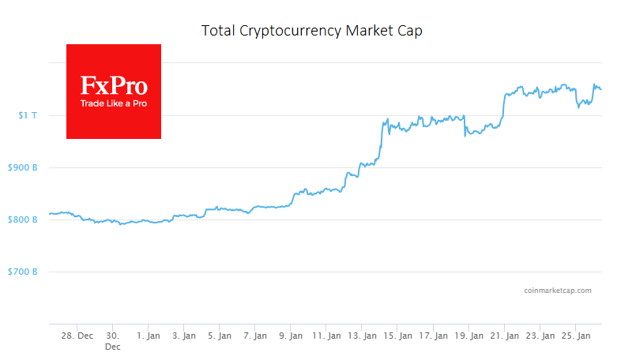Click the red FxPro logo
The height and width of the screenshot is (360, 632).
click(114, 91)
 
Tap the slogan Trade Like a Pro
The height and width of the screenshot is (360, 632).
click(114, 103)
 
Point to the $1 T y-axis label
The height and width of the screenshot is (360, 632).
click(27, 115)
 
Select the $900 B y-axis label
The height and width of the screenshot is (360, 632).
click(21, 167)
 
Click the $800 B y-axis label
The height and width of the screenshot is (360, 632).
click(21, 219)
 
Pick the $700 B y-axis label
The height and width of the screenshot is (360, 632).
click(21, 272)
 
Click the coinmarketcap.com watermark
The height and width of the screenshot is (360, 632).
click(557, 291)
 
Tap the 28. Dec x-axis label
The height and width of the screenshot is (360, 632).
click(77, 336)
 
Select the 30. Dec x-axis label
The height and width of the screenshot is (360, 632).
click(113, 341)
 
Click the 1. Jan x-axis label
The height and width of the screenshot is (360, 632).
click(149, 336)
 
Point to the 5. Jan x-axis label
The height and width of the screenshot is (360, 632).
click(220, 336)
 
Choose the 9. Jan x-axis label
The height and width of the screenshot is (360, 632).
click(291, 336)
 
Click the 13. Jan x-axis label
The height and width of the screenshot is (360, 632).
click(362, 336)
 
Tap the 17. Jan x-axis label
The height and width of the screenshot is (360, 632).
click(433, 336)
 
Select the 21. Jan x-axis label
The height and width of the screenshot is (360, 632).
click(504, 336)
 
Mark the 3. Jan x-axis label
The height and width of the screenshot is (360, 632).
click(184, 336)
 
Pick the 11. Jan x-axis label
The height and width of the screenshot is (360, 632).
click(326, 336)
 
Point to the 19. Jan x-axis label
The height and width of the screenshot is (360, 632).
click(468, 336)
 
